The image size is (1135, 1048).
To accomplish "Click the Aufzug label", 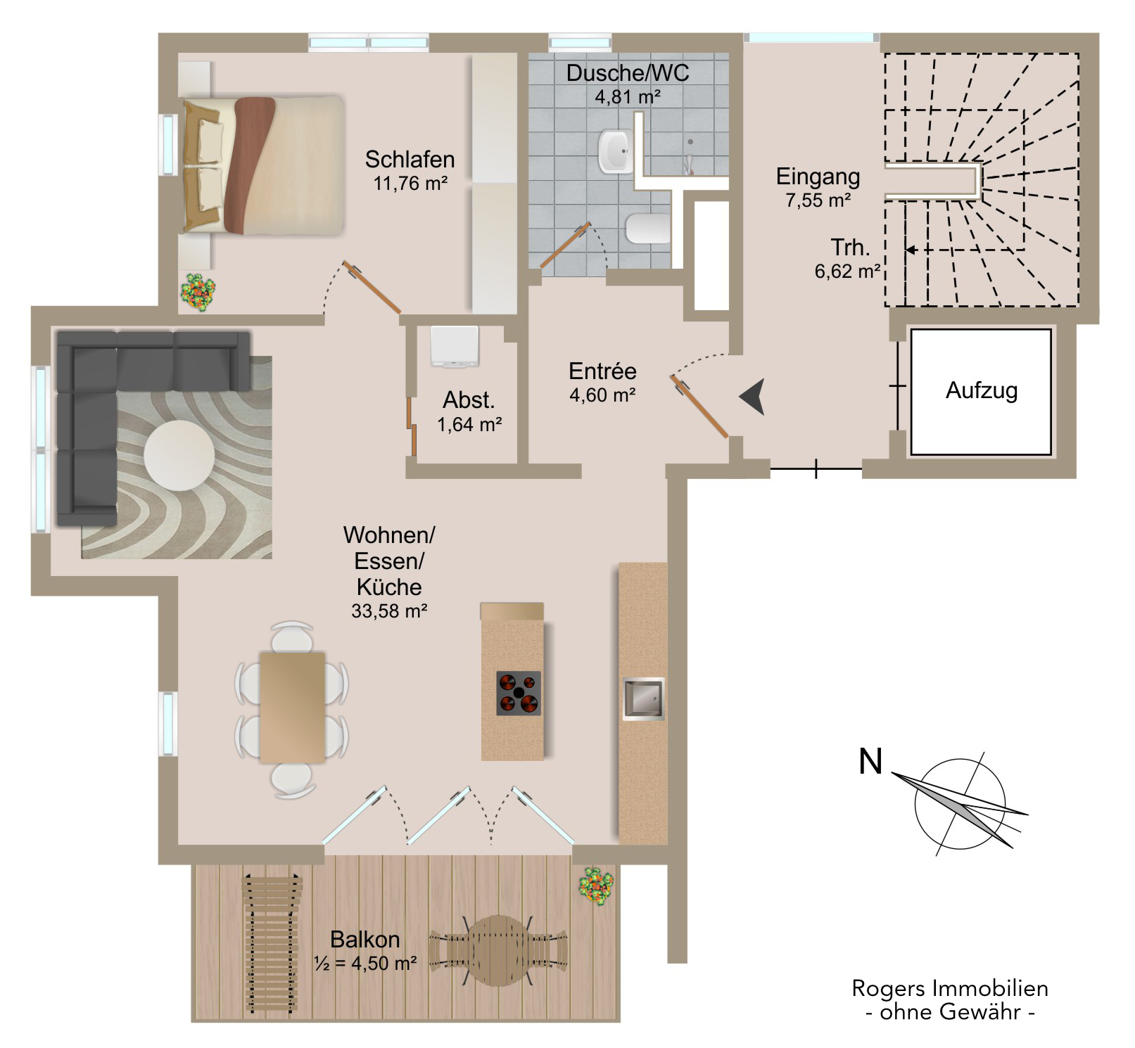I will [981, 390].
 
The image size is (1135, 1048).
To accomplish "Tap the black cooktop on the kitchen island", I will [519, 693].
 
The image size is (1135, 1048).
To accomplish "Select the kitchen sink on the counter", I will [643, 698].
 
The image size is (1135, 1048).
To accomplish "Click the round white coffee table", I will [179, 455].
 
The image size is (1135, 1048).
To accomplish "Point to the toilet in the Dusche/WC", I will [648, 228].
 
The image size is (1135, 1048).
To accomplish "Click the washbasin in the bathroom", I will [615, 151].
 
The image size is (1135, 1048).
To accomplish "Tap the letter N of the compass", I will [870, 762].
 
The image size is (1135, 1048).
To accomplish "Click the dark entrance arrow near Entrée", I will [753, 397].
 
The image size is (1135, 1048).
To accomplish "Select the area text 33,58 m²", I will [389, 611].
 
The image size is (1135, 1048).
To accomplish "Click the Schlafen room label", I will [410, 160].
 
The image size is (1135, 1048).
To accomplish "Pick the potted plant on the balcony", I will [596, 886].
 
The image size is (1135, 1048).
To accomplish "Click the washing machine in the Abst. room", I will [455, 346].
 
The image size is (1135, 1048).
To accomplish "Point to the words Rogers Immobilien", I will [949, 988].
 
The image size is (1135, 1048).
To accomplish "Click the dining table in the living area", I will [292, 707].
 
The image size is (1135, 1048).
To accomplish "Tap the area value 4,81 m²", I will [628, 97].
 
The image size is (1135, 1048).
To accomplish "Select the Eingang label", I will [818, 176].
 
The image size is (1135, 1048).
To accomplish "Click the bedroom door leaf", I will [372, 288].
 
